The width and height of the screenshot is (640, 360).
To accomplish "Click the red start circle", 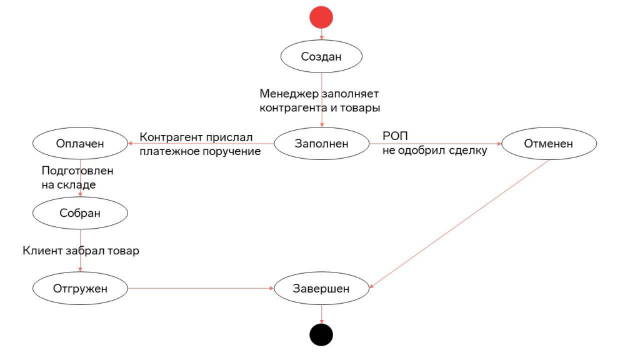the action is [x=321, y=17].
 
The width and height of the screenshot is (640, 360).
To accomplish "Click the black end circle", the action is [x=321, y=335].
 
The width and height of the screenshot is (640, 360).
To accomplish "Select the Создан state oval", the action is [x=321, y=56].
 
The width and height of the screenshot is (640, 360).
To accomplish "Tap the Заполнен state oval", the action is [x=322, y=143].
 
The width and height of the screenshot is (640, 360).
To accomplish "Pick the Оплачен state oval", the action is [x=80, y=143].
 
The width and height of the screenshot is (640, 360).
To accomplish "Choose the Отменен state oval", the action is [x=549, y=143].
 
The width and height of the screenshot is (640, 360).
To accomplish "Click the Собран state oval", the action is [x=80, y=213].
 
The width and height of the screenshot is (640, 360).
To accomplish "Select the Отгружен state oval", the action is [x=80, y=288].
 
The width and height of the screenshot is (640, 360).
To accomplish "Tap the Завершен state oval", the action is [x=322, y=288].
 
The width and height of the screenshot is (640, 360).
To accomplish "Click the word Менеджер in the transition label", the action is [x=289, y=94].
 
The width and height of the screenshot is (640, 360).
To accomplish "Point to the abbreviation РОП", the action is [x=395, y=136].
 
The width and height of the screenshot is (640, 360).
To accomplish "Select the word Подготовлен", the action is [x=77, y=171].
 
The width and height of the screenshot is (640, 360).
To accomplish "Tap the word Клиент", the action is [x=42, y=250].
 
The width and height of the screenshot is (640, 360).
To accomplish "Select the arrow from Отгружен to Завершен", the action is [x=201, y=288].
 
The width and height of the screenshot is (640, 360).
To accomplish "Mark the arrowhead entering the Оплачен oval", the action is [x=130, y=143].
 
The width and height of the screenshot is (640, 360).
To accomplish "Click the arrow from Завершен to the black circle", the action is [x=322, y=314].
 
